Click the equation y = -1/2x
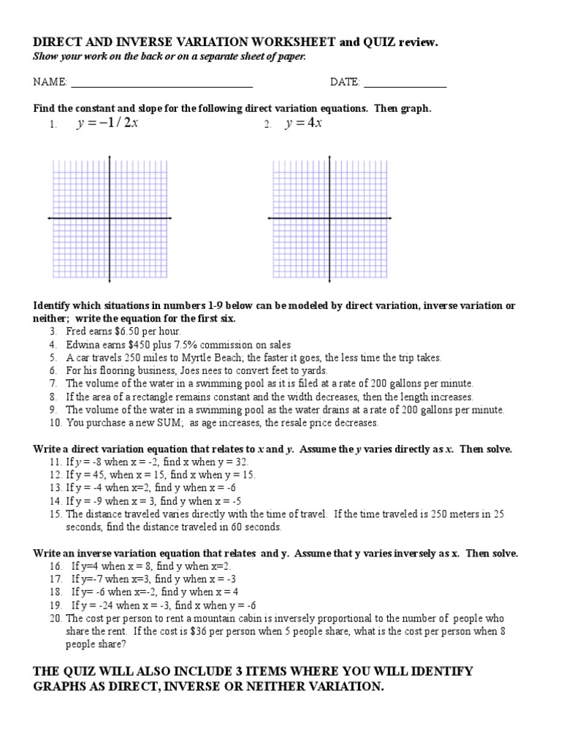click(x=107, y=123)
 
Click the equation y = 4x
click(x=305, y=123)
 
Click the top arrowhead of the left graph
click(x=110, y=157)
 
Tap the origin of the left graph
click(x=110, y=218)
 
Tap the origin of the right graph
click(x=329, y=218)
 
